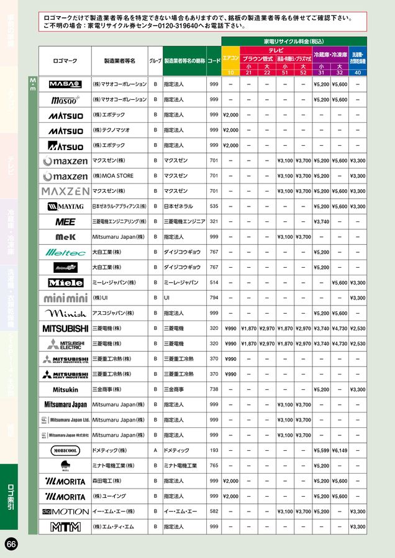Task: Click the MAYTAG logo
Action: tap(65, 206)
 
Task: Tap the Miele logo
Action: tap(65, 283)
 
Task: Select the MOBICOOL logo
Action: tap(65, 451)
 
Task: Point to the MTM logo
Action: tap(65, 527)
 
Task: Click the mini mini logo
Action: tap(65, 298)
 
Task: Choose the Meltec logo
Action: tap(65, 252)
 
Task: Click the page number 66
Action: tap(11, 544)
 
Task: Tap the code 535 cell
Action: tap(214, 206)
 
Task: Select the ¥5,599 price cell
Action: tap(321, 451)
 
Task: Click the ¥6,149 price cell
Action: tap(340, 451)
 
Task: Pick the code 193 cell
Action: tap(214, 451)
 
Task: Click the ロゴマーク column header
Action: tap(65, 61)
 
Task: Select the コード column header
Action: tap(214, 61)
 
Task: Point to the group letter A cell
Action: tap(155, 451)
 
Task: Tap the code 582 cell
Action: tap(214, 511)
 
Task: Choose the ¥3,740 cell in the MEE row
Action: tap(321, 222)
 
